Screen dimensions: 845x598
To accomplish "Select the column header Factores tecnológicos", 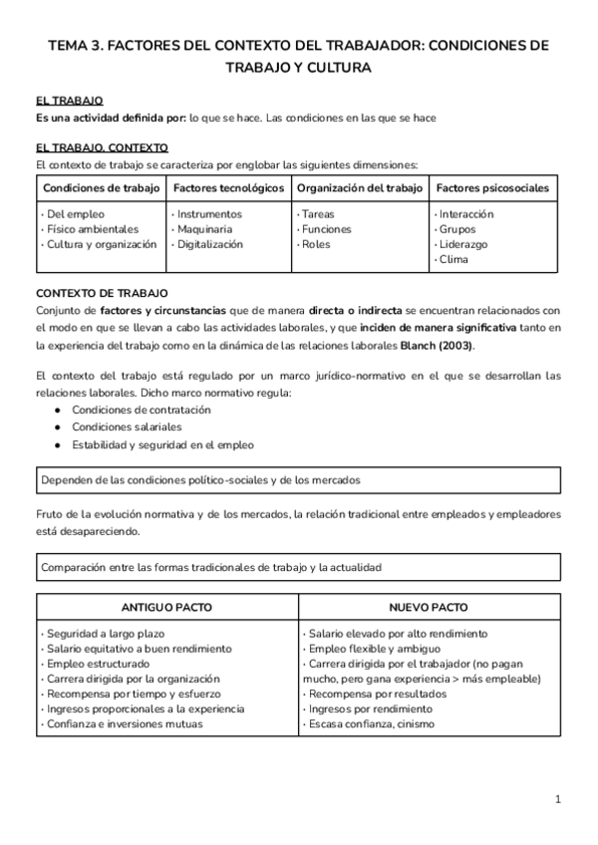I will [x=228, y=187].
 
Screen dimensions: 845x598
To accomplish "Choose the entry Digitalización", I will [x=209, y=244].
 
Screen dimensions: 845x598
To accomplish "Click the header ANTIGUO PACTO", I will [x=166, y=607].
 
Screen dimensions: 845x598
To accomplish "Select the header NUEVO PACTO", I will [x=430, y=607].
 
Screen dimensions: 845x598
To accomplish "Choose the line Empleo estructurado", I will [x=93, y=664].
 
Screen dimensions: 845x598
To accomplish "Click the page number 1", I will [x=558, y=799].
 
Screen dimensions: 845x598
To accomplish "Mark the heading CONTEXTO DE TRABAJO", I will [x=102, y=293].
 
